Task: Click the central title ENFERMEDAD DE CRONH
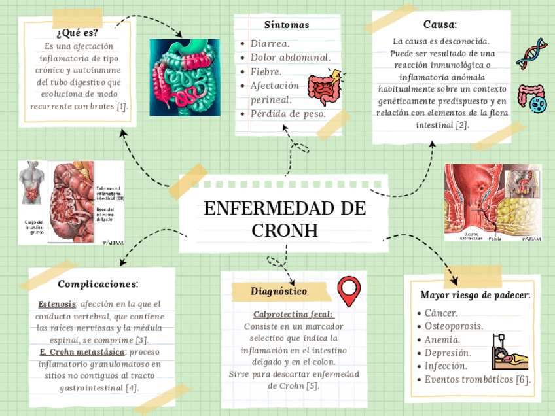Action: click(284, 219)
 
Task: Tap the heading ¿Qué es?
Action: click(78, 33)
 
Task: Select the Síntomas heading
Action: click(287, 25)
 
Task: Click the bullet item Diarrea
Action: click(270, 44)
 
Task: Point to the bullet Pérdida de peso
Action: click(288, 113)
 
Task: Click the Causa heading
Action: click(439, 25)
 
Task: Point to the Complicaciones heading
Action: click(98, 284)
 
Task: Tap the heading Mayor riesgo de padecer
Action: click(475, 295)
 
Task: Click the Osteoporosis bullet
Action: click(454, 326)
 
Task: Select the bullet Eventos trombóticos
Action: click(477, 379)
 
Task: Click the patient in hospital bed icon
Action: click(509, 351)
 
